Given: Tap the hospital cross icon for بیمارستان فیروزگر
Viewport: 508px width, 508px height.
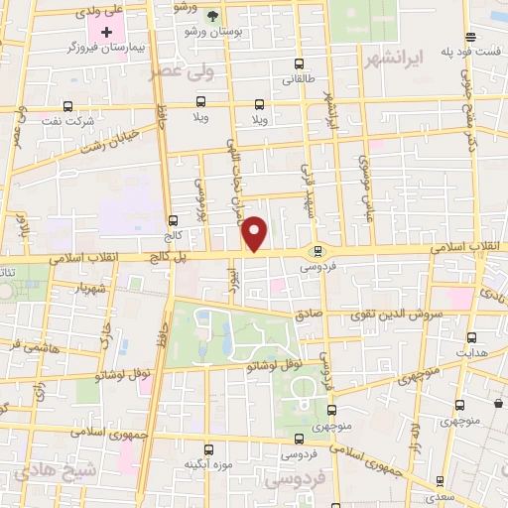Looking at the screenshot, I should (x=108, y=32).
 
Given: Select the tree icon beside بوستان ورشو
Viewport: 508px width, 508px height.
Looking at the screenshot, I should (x=211, y=16).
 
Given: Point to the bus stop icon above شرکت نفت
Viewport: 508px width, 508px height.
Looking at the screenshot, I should (x=67, y=106).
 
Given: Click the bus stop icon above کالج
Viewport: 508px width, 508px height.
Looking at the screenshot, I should (x=173, y=221).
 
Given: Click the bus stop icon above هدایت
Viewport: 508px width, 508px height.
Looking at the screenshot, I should (x=470, y=337).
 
